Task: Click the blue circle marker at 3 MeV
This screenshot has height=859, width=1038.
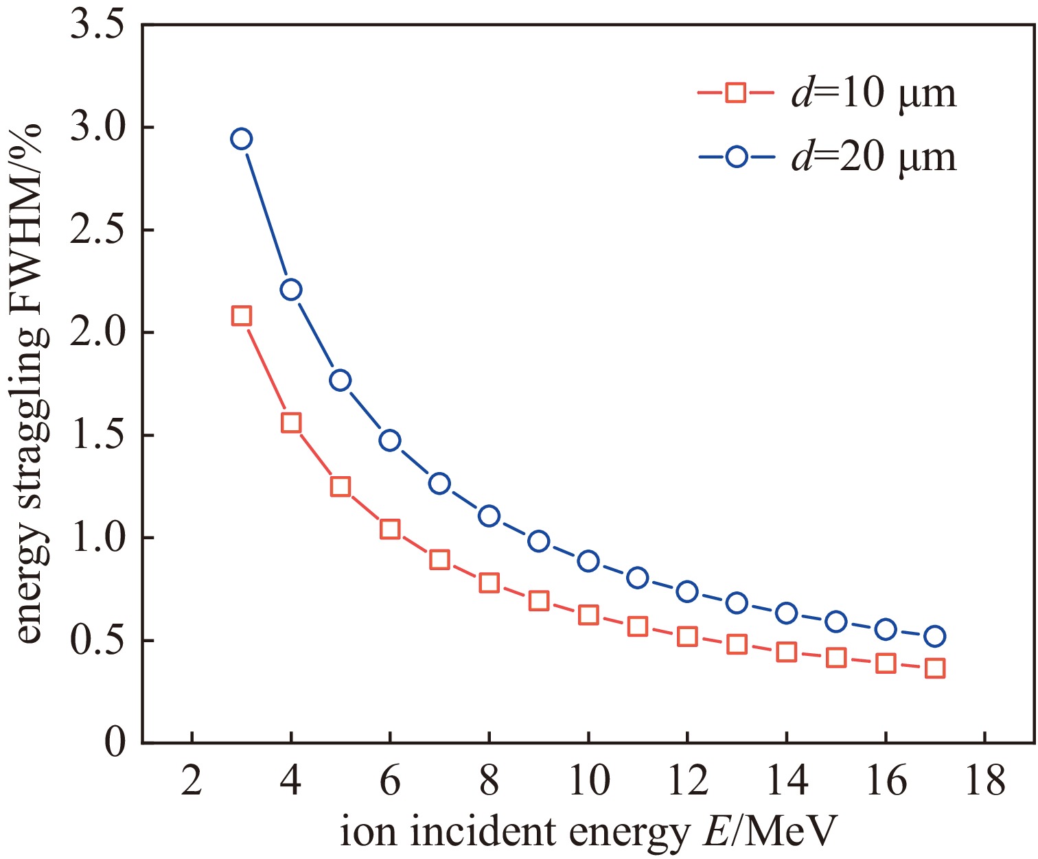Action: tap(241, 139)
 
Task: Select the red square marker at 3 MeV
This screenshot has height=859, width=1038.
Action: tap(241, 316)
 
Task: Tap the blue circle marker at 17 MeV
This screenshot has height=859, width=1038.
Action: tap(935, 637)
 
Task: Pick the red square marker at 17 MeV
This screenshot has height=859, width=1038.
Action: tap(935, 668)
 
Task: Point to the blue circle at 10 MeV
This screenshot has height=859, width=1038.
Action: tap(588, 561)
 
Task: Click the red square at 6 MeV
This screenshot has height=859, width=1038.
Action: tap(390, 529)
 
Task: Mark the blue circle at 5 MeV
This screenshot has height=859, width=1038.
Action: tap(341, 381)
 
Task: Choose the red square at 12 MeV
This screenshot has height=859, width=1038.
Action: tap(687, 637)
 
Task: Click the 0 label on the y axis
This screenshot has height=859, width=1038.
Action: tap(115, 743)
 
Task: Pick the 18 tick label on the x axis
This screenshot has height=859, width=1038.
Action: tap(984, 781)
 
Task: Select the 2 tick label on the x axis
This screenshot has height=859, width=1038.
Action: tap(192, 781)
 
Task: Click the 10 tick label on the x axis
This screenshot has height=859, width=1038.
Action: tap(588, 781)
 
